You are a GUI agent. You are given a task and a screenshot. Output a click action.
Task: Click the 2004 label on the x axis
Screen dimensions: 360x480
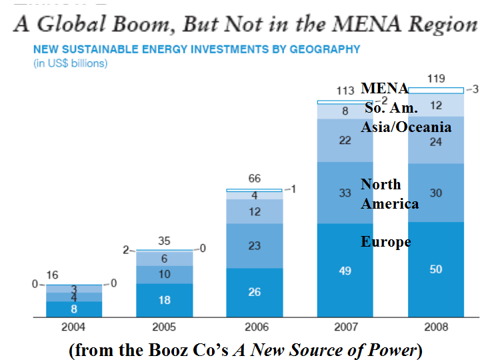click(74, 328)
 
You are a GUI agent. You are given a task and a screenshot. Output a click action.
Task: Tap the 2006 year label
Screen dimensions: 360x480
click(254, 328)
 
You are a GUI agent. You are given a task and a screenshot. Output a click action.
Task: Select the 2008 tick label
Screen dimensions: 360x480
click(435, 328)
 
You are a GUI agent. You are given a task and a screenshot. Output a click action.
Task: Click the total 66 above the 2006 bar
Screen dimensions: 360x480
click(254, 179)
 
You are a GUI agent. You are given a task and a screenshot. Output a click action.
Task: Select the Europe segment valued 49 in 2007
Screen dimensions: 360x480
click(345, 271)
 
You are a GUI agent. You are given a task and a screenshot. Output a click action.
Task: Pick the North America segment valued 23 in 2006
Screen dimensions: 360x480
click(254, 245)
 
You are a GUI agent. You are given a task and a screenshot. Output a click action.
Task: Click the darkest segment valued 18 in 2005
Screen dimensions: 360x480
click(164, 300)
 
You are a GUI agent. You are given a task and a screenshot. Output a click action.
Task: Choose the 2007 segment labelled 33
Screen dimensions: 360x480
click(345, 193)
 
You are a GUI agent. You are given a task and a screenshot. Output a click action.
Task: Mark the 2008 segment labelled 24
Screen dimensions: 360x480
click(435, 142)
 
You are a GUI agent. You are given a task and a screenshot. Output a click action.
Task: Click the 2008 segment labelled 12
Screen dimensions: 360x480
click(435, 105)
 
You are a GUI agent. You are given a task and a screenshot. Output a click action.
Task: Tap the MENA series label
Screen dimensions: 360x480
click(385, 88)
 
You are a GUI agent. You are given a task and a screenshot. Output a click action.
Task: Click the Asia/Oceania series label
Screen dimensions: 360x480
click(406, 127)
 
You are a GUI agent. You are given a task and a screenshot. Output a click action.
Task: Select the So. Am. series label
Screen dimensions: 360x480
click(391, 107)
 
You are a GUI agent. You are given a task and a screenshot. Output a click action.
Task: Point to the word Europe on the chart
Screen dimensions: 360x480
click(385, 241)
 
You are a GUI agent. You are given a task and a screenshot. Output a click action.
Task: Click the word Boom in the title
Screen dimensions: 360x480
click(146, 24)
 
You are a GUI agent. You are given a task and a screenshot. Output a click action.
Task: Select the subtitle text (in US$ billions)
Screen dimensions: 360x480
click(70, 63)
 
